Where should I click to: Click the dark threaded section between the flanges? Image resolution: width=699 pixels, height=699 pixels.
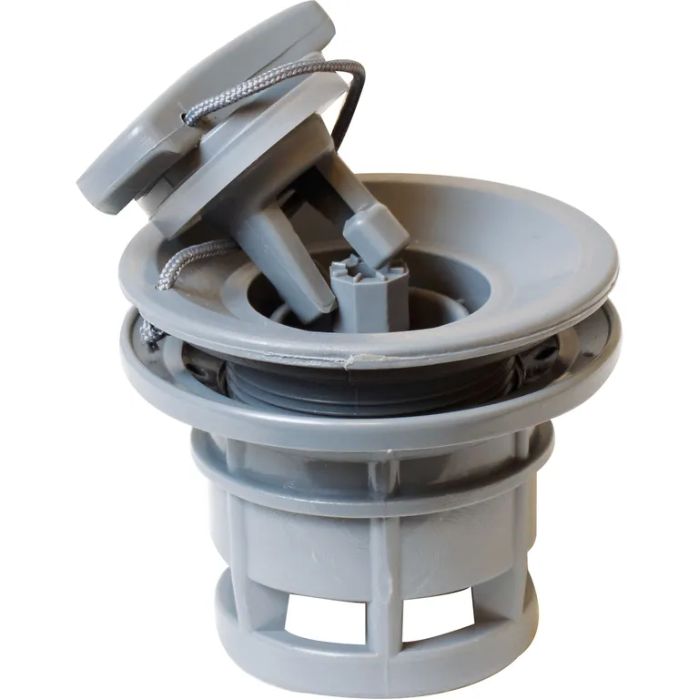pyautogui.click(x=364, y=382)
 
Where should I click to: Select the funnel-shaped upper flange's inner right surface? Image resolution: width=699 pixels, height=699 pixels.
pyautogui.click(x=537, y=255)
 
